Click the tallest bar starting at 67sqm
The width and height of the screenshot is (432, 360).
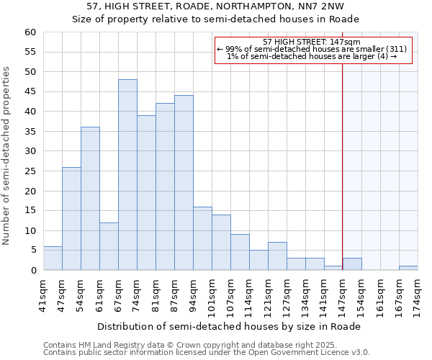127,175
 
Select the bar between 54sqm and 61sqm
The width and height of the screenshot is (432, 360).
90,199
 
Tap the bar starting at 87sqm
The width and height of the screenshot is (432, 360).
184,183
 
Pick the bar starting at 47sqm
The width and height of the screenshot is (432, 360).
71,219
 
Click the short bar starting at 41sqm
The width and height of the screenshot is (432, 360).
53,258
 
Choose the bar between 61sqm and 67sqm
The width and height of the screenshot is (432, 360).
109,246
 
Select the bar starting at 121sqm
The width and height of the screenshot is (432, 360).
277,256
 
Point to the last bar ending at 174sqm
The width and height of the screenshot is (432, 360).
408,268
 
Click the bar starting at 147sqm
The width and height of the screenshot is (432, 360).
352,264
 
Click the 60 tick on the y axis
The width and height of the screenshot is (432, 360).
30,32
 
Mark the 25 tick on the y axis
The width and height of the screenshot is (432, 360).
30,171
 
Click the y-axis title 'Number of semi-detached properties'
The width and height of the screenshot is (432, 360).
7,156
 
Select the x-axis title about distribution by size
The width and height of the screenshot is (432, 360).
228,326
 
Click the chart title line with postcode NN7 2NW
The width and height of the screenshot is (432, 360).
215,6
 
